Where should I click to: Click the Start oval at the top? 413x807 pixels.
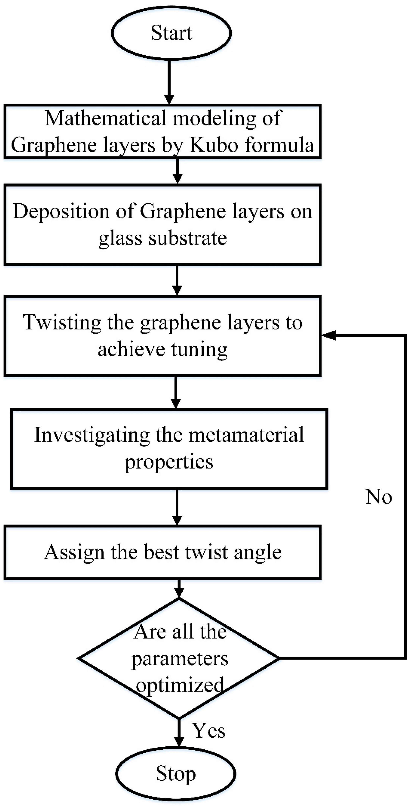(x=171, y=33)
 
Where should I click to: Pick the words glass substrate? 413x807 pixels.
(x=162, y=238)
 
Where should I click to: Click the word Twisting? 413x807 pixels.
(x=62, y=322)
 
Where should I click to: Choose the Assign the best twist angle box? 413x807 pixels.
(x=162, y=552)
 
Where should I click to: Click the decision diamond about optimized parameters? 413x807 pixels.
(x=179, y=659)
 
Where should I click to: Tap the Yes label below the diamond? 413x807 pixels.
(x=209, y=731)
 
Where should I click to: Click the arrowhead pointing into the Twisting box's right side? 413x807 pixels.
(x=329, y=335)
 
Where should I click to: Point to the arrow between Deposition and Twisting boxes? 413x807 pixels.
(x=177, y=280)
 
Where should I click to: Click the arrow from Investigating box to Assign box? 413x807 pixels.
(x=177, y=507)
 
